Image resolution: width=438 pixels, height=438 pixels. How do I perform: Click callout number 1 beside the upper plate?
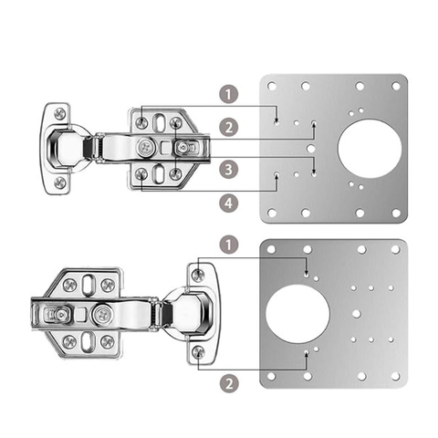229,94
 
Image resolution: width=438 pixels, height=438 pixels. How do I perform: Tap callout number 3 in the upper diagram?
229,169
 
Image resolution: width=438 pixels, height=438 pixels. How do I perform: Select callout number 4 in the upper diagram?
229,203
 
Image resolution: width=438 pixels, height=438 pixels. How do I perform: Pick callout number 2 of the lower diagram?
229,383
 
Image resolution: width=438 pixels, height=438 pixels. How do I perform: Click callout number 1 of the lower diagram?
229,244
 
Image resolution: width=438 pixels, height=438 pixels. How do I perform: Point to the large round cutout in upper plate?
370,149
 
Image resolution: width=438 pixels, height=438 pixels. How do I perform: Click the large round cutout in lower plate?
297,314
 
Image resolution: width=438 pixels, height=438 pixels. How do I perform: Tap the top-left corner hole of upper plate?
272,87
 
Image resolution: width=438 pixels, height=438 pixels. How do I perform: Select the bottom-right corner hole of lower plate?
395,377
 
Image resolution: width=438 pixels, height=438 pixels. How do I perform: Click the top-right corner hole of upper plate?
396,87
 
